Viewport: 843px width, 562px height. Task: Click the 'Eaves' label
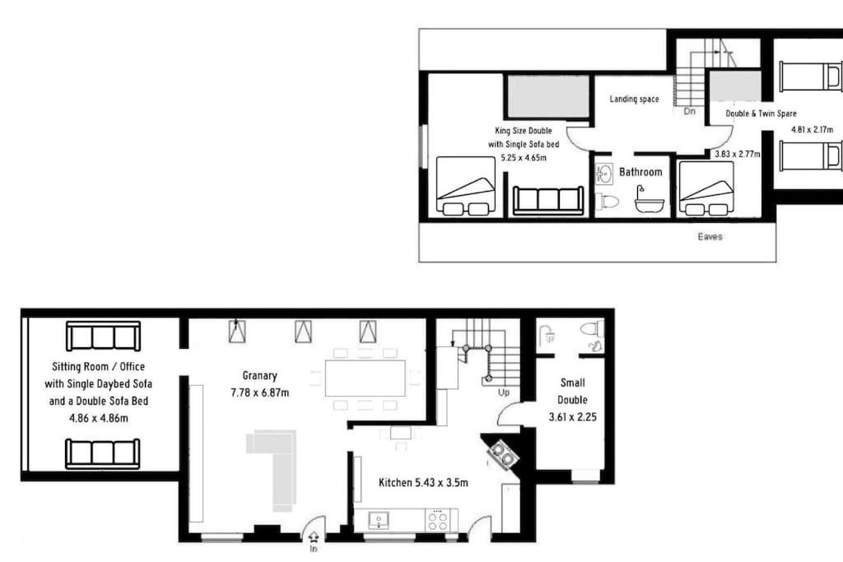point(710,236)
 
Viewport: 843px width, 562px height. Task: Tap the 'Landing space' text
point(634,99)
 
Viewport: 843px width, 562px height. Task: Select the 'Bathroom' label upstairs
point(640,172)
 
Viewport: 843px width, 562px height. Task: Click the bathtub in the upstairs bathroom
point(649,201)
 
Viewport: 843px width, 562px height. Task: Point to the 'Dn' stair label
point(689,111)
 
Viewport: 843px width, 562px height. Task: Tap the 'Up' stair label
point(503,392)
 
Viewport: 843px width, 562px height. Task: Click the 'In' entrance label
point(314,549)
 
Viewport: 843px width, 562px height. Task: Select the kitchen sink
point(379,520)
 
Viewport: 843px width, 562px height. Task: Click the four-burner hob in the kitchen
point(438,520)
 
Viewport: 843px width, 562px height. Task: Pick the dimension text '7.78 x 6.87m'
point(259,392)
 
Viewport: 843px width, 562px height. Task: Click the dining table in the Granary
point(365,379)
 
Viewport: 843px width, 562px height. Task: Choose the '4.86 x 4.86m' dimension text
point(99,418)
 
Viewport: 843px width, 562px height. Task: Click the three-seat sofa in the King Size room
point(547,201)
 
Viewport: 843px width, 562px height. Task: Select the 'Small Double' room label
point(572,391)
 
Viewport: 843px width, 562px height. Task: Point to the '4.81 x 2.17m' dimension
point(812,129)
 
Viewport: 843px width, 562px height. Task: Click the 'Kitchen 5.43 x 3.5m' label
point(423,483)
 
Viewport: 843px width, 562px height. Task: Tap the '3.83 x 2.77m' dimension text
point(737,154)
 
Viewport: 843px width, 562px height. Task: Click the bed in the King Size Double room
point(466,186)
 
